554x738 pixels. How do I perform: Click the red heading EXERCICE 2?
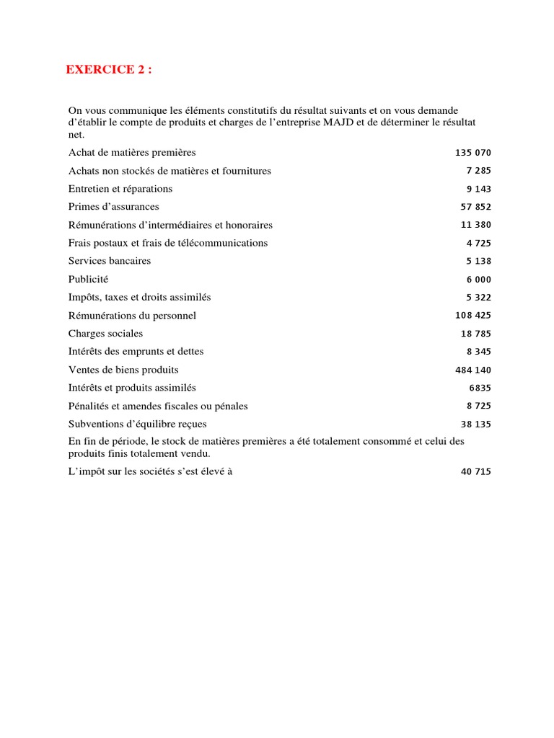[x=109, y=70]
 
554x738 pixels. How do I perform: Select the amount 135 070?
[x=473, y=153]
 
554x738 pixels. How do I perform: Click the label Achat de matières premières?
[x=132, y=153]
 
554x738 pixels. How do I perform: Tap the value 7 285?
[x=479, y=171]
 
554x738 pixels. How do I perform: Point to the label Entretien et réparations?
[x=120, y=189]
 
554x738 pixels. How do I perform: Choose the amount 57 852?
[x=476, y=207]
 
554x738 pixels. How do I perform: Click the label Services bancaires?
[x=110, y=261]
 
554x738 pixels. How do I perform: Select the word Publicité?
[x=88, y=279]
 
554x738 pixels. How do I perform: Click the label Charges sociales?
[x=105, y=334]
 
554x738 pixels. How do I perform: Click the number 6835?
[x=480, y=388]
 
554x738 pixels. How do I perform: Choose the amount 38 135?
[x=476, y=424]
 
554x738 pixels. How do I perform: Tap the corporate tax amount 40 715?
[x=476, y=472]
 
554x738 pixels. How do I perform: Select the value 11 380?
[x=476, y=225]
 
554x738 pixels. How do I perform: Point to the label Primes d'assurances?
[x=113, y=207]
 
